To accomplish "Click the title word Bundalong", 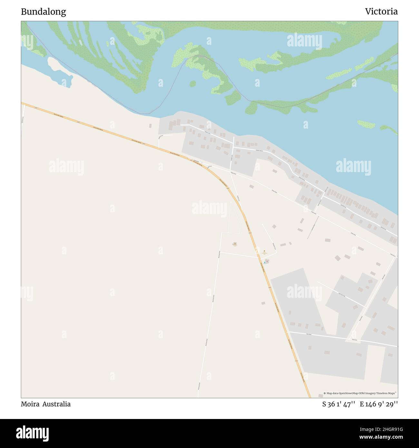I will tap(44, 12).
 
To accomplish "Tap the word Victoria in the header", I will tap(381, 12).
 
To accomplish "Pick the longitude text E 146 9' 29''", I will tap(379, 404).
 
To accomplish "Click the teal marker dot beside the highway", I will tap(265, 262).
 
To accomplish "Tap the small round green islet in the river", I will tap(192, 84).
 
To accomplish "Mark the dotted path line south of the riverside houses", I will tap(313, 228).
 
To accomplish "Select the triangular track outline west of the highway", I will tap(234, 219).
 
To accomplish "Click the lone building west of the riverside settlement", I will tap(150, 125).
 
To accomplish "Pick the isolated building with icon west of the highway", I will tap(235, 244).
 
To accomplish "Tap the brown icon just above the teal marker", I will tap(264, 251).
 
